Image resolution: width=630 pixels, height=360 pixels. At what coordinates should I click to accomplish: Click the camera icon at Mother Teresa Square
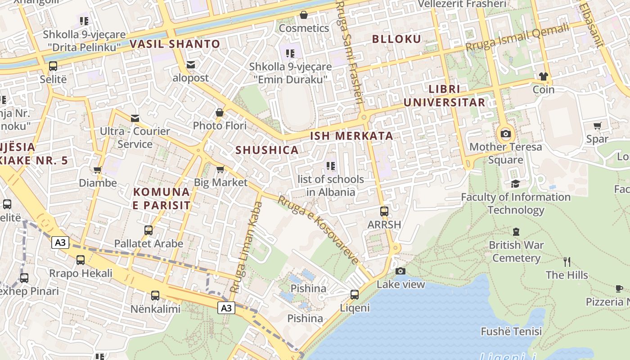tap(505, 134)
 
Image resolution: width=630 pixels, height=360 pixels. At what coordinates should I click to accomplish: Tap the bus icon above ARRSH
tap(384, 211)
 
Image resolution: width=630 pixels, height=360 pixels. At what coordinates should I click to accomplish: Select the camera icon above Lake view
tap(400, 271)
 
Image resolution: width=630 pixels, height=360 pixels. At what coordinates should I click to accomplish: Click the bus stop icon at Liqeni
tap(355, 295)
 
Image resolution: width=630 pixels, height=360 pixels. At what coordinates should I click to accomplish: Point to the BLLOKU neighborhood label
tap(396, 39)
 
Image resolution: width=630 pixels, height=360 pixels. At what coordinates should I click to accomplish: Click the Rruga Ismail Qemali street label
tap(517, 38)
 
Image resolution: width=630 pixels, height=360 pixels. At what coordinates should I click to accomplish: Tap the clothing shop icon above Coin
tap(544, 76)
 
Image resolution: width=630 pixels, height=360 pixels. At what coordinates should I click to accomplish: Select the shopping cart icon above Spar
tap(597, 126)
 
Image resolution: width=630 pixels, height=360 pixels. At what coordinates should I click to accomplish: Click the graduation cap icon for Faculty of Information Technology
tap(515, 184)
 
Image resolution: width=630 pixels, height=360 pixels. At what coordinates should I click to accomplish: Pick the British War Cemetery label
tap(516, 252)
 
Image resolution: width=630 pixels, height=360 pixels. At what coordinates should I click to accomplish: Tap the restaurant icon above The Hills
tap(567, 262)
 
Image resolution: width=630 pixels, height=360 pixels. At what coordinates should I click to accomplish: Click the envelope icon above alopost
tap(191, 65)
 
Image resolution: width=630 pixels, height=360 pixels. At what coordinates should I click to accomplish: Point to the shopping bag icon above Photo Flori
tap(220, 112)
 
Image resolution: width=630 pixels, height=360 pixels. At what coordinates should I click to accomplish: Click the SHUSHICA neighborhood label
tap(267, 150)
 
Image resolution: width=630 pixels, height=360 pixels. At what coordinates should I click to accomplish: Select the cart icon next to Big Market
tap(220, 169)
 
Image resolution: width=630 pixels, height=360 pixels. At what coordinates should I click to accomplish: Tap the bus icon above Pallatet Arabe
tap(148, 230)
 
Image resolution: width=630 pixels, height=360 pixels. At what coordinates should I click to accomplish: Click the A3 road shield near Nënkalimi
tap(226, 308)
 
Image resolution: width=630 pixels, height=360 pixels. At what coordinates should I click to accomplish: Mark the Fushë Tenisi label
tap(511, 332)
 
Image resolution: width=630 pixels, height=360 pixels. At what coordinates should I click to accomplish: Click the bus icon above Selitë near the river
tap(53, 66)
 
